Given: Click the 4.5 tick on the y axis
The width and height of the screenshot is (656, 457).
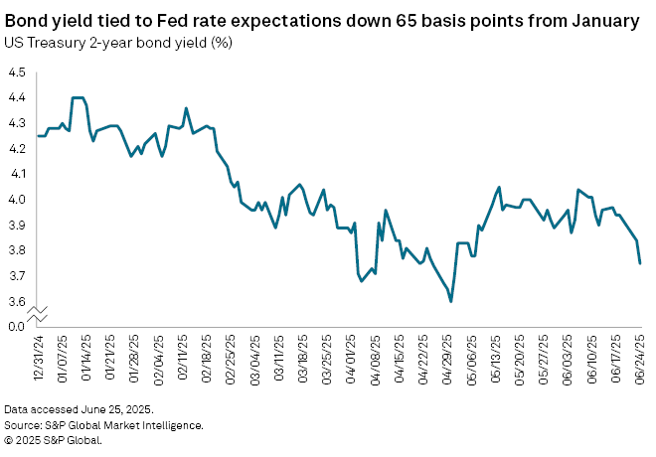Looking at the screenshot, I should (17, 73).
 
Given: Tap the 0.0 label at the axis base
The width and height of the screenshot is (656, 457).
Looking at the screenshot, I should (17, 326).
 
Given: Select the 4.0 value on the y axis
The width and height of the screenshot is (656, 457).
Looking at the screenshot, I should (17, 200).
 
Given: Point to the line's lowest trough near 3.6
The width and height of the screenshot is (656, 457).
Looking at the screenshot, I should (451, 301).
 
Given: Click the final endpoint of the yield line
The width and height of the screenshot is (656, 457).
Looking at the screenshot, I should (640, 263).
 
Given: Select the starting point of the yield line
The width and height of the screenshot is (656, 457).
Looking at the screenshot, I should (39, 136).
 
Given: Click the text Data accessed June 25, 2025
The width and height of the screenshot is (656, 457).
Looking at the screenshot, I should (78, 408).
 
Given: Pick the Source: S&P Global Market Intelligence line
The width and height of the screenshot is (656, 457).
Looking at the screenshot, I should (103, 424).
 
